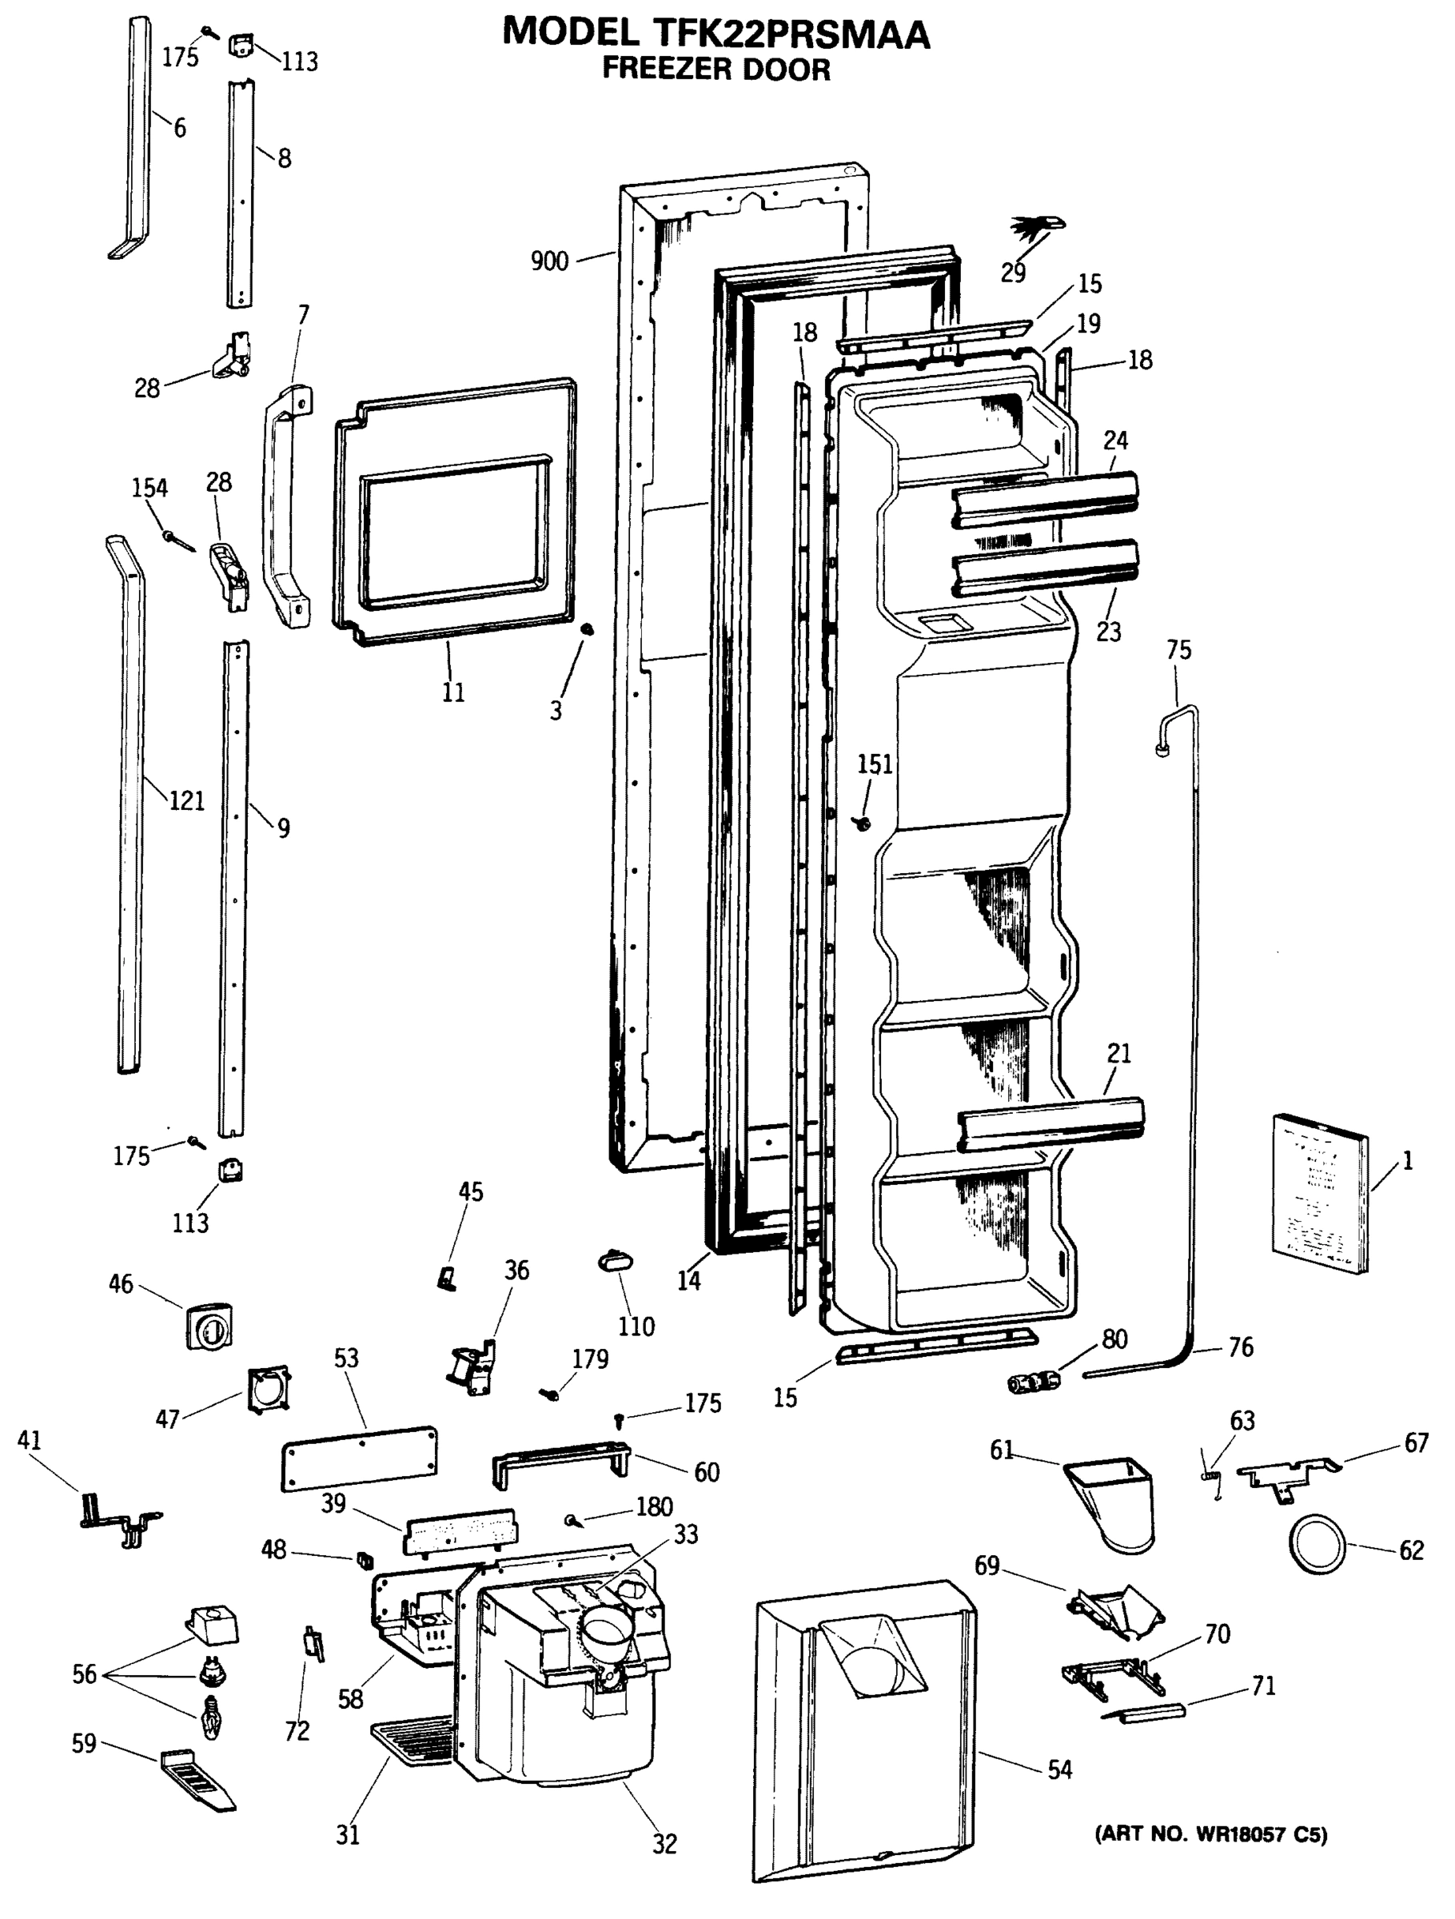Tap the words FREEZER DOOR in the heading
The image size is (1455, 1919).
pyautogui.click(x=716, y=69)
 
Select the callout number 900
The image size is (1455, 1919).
pyautogui.click(x=549, y=260)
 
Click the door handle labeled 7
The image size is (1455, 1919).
pyautogui.click(x=286, y=508)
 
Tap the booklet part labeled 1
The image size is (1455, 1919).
pyautogui.click(x=1320, y=1194)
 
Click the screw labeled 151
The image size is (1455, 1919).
pyautogui.click(x=863, y=820)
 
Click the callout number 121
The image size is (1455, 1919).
pyautogui.click(x=186, y=800)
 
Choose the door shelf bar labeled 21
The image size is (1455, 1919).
pyautogui.click(x=1050, y=1125)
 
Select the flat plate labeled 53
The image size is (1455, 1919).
pyautogui.click(x=359, y=1458)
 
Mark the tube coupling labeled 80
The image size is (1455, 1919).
pyautogui.click(x=1035, y=1378)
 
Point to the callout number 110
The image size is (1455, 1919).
pyautogui.click(x=636, y=1326)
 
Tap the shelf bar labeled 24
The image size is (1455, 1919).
pyautogui.click(x=1046, y=500)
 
